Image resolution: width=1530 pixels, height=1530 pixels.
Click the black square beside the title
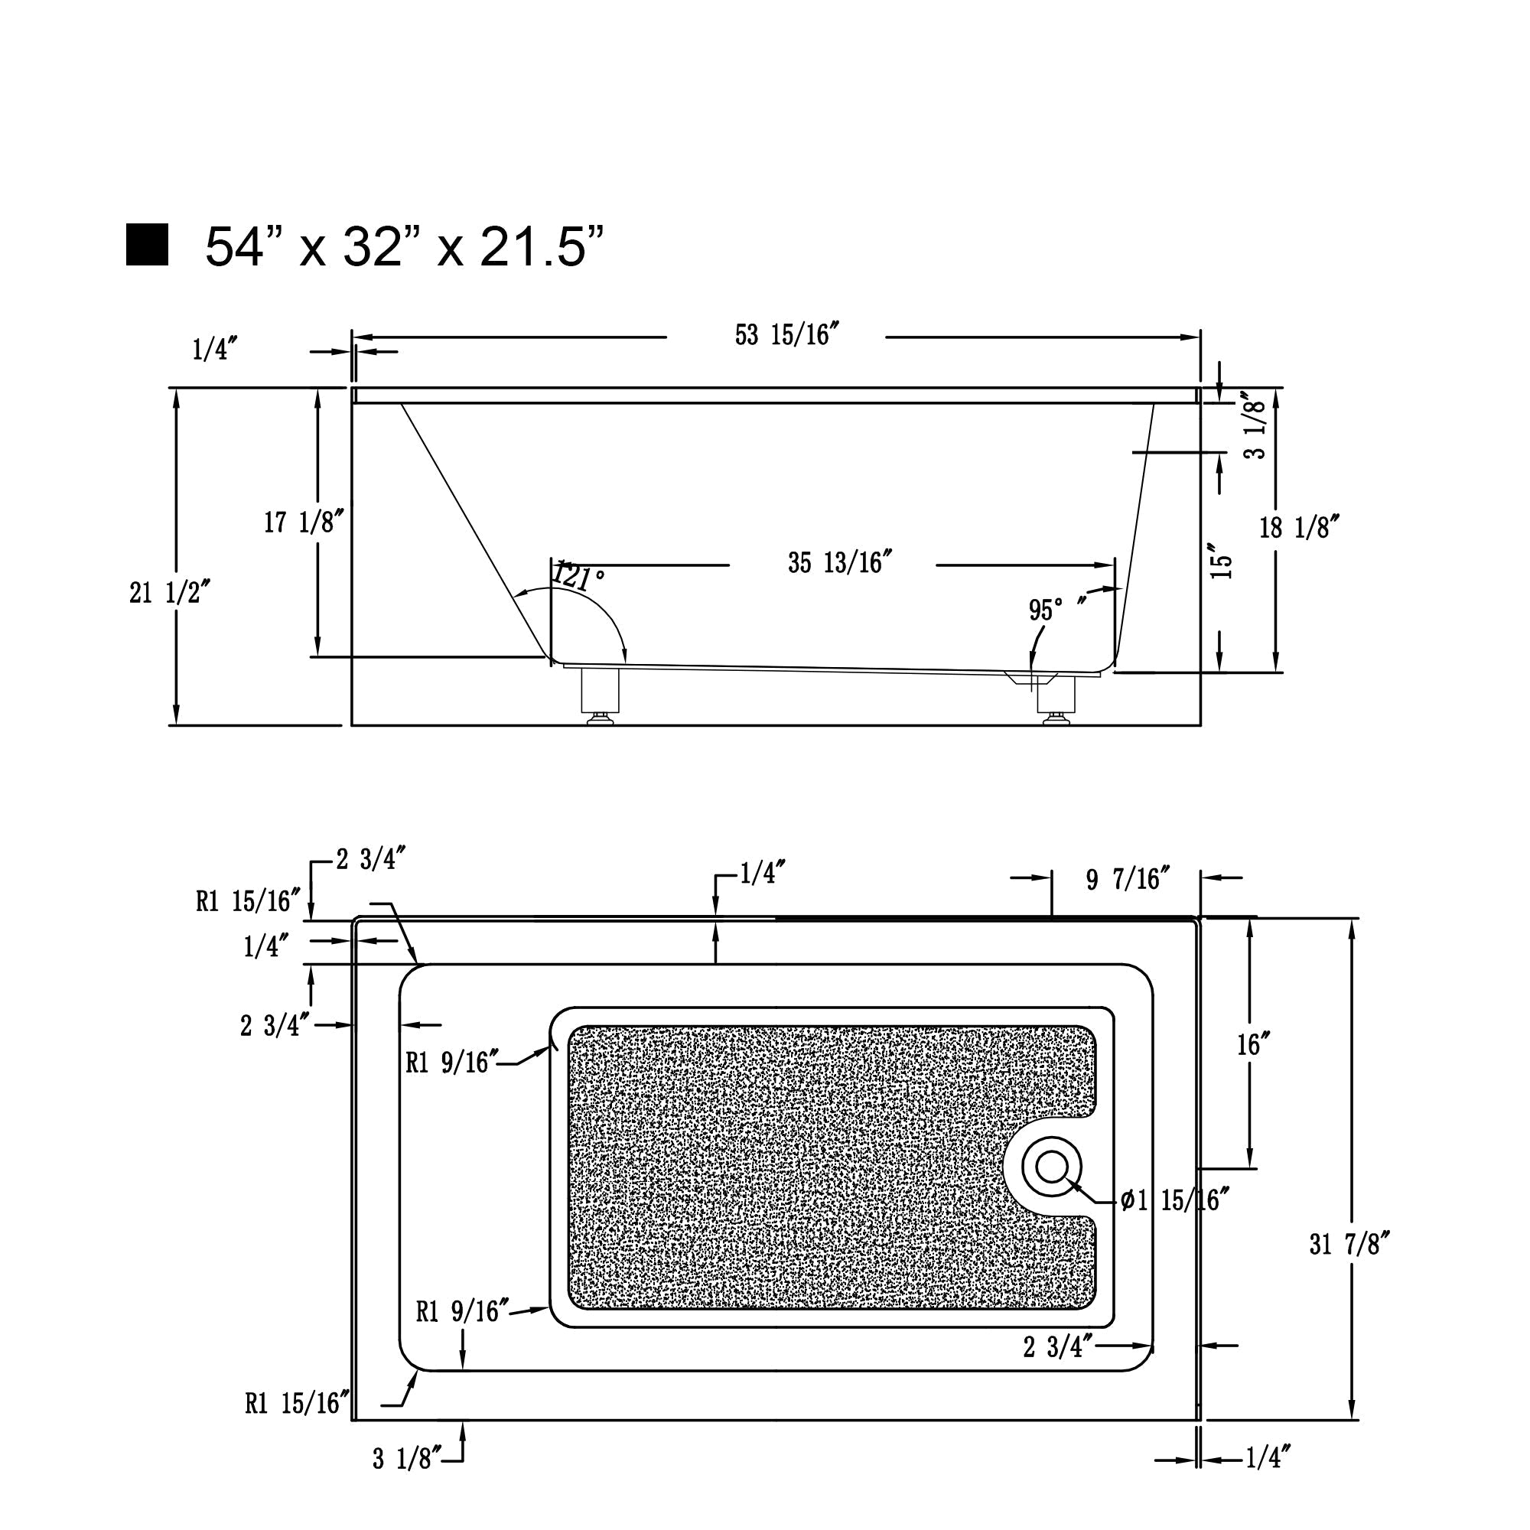click(148, 245)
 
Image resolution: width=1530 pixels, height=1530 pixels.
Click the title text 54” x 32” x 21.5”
click(405, 246)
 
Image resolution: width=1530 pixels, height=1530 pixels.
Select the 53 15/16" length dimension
click(786, 335)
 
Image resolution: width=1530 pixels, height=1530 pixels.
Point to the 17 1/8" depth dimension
click(304, 522)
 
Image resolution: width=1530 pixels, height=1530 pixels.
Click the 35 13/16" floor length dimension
click(840, 562)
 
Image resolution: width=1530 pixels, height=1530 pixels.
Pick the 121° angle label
click(579, 576)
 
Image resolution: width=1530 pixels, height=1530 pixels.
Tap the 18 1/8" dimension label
click(1299, 527)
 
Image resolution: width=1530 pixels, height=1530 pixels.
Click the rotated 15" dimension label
click(1223, 561)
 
